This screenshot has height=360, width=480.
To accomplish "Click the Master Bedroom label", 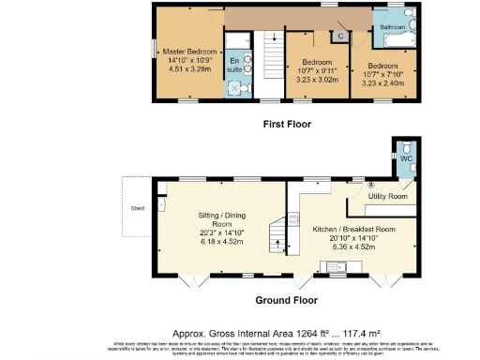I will [x=190, y=52].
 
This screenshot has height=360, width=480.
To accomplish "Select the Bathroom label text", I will [x=392, y=28].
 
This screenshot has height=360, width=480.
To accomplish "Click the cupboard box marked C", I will [x=340, y=36].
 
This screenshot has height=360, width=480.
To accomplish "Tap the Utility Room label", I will [x=386, y=196].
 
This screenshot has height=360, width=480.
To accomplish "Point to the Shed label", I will [x=138, y=209].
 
